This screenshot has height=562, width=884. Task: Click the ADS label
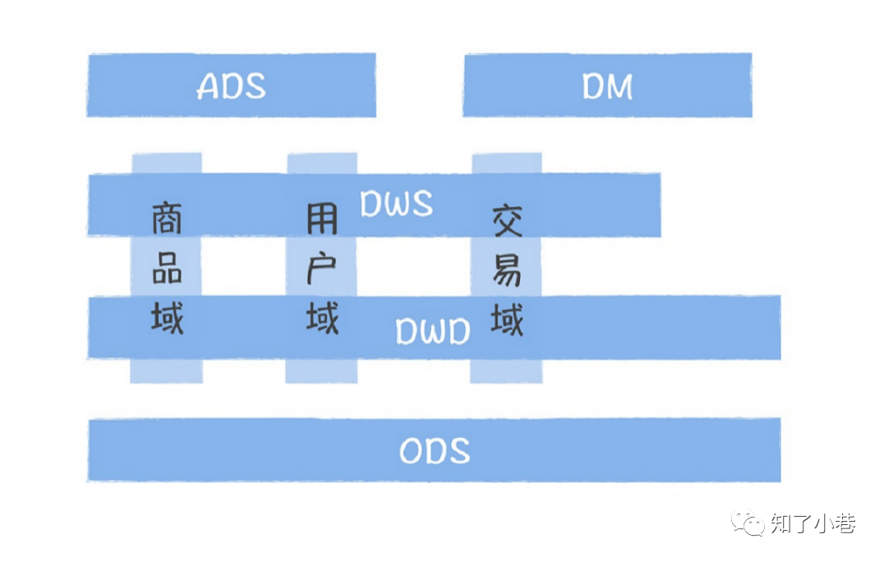point(232,86)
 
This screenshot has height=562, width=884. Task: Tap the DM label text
point(607,86)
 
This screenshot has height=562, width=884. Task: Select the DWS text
point(396,204)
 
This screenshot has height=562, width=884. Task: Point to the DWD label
point(433,331)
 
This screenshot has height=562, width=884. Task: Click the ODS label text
point(435,451)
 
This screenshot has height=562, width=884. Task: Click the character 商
point(167,219)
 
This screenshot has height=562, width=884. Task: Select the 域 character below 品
point(167,316)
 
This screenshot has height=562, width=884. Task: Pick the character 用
point(322,219)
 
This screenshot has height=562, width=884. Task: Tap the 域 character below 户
point(322,316)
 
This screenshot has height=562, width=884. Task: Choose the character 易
point(507,269)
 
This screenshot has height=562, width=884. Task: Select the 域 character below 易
point(507,318)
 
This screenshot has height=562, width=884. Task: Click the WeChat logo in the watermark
point(749,523)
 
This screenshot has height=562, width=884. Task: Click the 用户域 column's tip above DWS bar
point(322,163)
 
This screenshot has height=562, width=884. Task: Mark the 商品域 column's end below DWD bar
point(167,371)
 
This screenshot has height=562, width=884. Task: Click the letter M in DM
point(619,86)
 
